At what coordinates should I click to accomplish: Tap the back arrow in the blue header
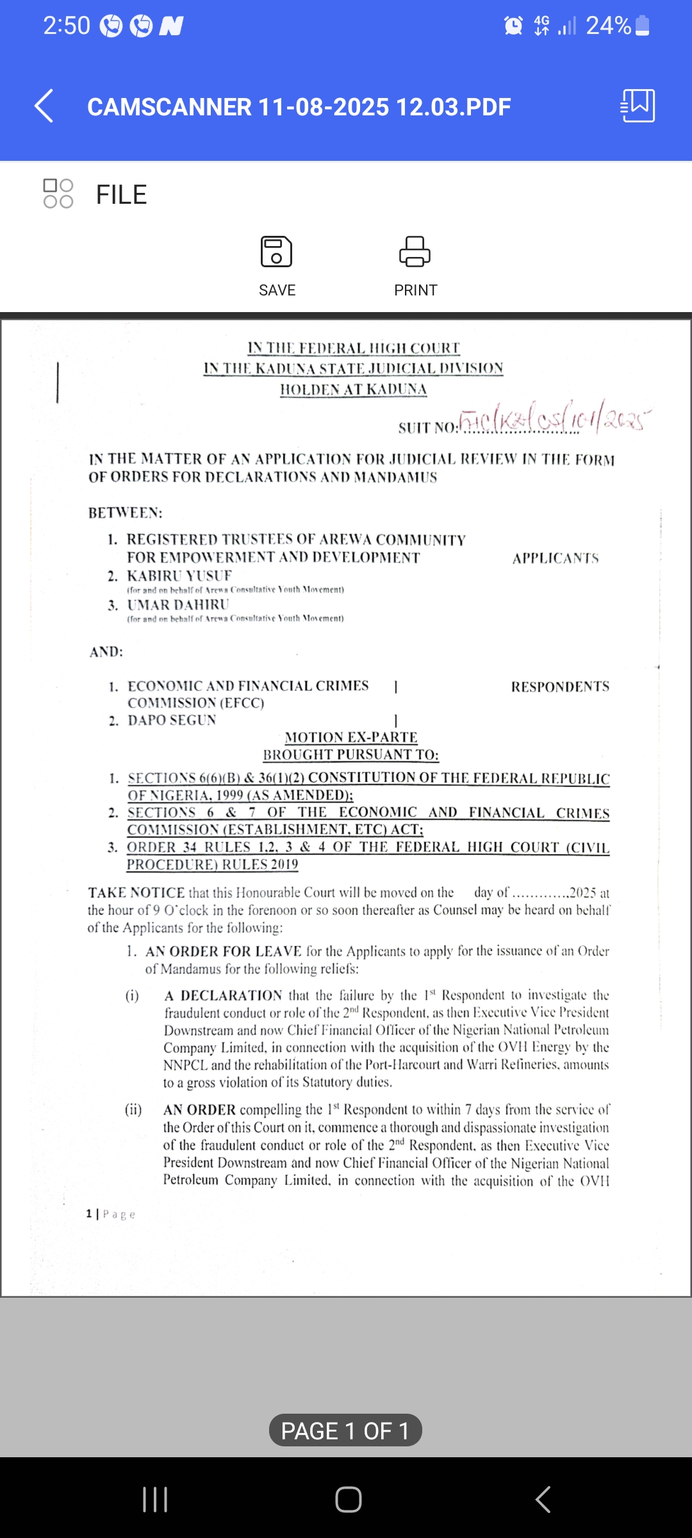pos(44,106)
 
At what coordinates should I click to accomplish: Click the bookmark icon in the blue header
pos(638,106)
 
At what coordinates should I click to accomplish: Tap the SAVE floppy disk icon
pos(276,251)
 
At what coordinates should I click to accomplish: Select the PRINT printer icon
pos(415,251)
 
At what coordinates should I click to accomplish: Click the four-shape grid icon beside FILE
pos(58,194)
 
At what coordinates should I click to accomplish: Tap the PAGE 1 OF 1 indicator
pos(345,1430)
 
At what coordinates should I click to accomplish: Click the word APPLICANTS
pos(556,558)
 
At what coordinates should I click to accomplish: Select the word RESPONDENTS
pos(560,687)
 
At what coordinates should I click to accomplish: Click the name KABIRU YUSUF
pos(179,575)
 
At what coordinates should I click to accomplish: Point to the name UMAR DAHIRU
pos(178,605)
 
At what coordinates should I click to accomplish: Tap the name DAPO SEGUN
pos(172,720)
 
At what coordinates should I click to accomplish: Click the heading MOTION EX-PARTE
pos(351,737)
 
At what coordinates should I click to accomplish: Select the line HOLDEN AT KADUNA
pos(354,390)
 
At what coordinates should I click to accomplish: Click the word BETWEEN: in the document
pos(126,513)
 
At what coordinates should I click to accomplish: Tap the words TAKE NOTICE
pos(136,893)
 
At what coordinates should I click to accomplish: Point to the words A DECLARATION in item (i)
pos(223,995)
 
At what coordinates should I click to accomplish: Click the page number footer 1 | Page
pos(111,1214)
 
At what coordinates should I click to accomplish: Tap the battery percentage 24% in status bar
pos(608,26)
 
